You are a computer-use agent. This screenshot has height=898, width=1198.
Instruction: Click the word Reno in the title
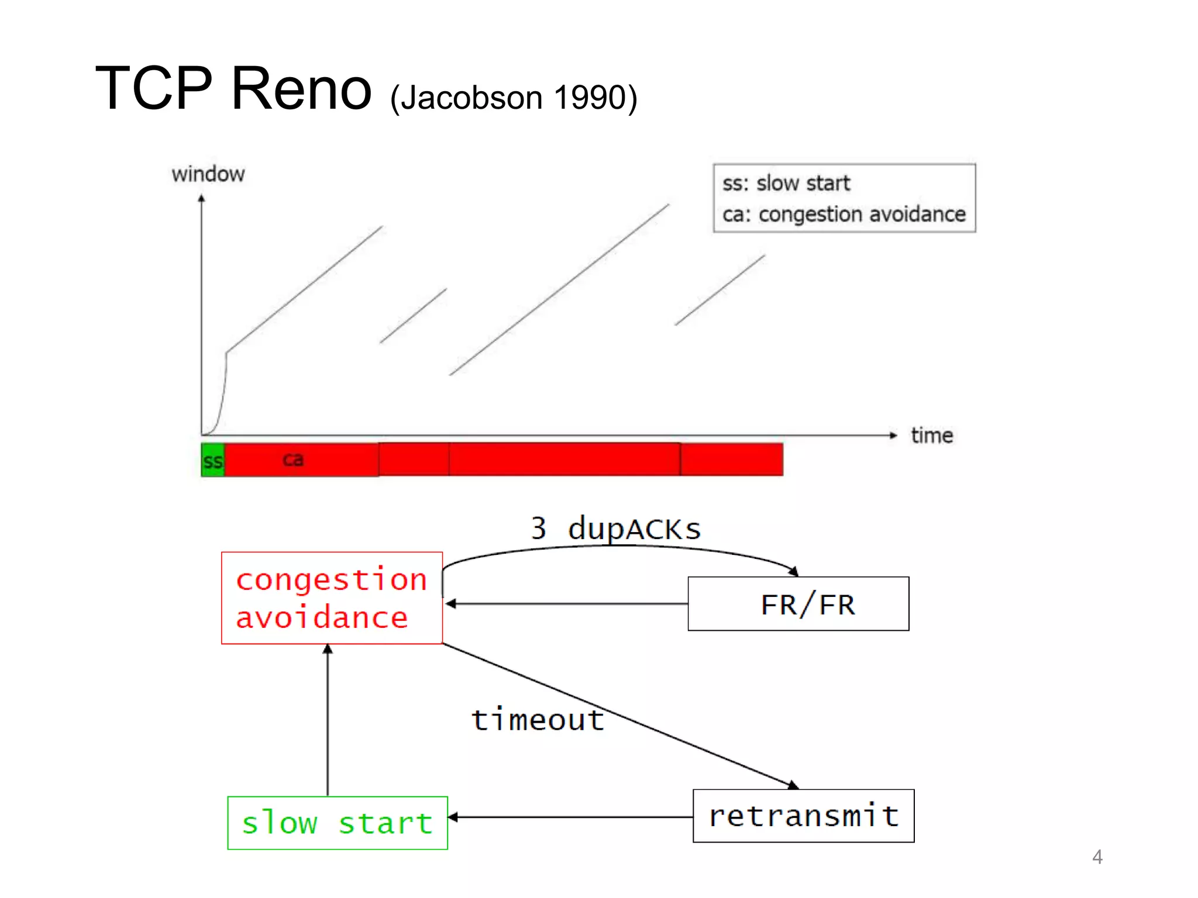(x=301, y=89)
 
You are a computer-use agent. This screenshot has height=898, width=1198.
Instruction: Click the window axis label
(x=208, y=174)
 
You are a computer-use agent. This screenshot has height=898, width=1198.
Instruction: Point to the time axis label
(x=931, y=436)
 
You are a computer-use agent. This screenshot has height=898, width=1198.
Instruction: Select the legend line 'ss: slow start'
(x=786, y=184)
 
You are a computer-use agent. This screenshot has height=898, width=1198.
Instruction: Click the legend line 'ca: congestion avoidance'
(x=844, y=215)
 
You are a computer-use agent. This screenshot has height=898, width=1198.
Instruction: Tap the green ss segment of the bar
(x=212, y=461)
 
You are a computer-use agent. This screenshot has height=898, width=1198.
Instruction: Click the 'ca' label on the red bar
(x=293, y=460)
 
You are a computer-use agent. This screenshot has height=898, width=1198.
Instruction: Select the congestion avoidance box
(x=332, y=597)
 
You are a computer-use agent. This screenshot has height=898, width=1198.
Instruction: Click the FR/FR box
(x=798, y=604)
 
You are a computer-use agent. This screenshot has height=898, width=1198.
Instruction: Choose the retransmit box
(x=803, y=816)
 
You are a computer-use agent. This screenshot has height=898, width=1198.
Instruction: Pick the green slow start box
(x=338, y=823)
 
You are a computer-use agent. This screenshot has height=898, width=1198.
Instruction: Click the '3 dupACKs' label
(x=615, y=529)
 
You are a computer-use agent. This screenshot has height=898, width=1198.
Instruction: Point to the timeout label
(x=538, y=720)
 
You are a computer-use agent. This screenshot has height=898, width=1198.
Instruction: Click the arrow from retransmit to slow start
(x=570, y=817)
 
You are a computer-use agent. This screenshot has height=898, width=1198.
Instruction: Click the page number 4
(x=1097, y=857)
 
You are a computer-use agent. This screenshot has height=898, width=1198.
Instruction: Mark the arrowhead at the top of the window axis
(x=202, y=199)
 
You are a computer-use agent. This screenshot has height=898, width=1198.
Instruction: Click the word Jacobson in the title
(x=471, y=98)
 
